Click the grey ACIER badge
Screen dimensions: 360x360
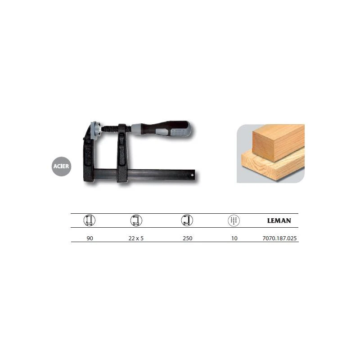(61, 166)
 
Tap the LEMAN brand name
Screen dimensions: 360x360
(279, 220)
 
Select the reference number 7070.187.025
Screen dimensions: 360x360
(279, 238)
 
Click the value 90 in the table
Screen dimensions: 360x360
(90, 238)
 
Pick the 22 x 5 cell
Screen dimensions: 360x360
(136, 238)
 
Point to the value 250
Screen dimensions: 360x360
(187, 238)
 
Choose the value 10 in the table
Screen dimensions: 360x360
(234, 238)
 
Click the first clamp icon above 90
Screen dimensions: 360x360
(89, 220)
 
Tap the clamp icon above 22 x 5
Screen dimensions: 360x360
(136, 220)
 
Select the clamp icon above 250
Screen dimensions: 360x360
(187, 220)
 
